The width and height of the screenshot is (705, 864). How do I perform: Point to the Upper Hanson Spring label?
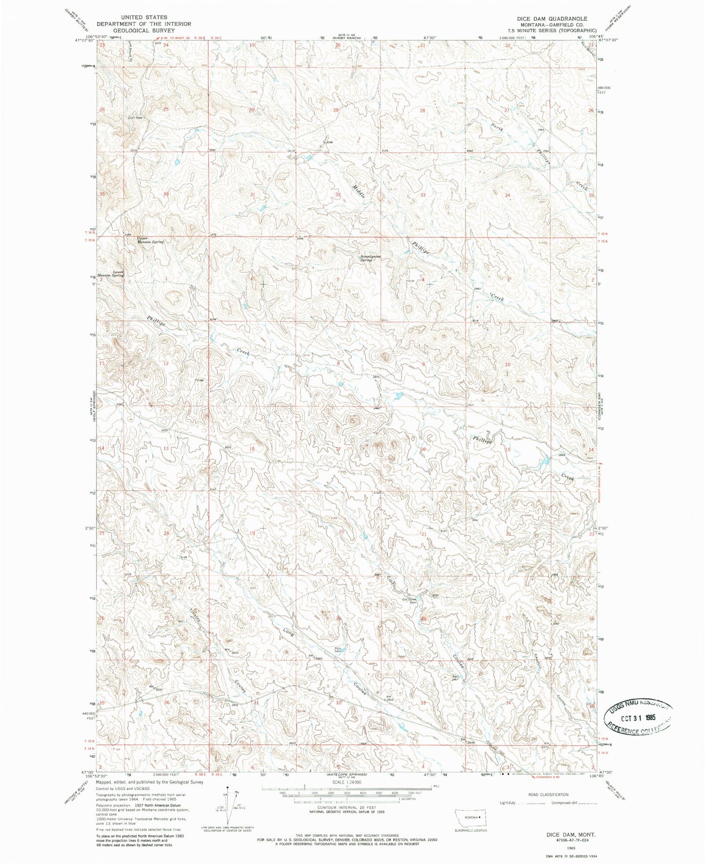coord(150,241)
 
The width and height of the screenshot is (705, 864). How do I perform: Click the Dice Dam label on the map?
coord(338,649)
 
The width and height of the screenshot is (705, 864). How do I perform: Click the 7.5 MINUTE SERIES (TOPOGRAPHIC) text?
coord(552,31)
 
